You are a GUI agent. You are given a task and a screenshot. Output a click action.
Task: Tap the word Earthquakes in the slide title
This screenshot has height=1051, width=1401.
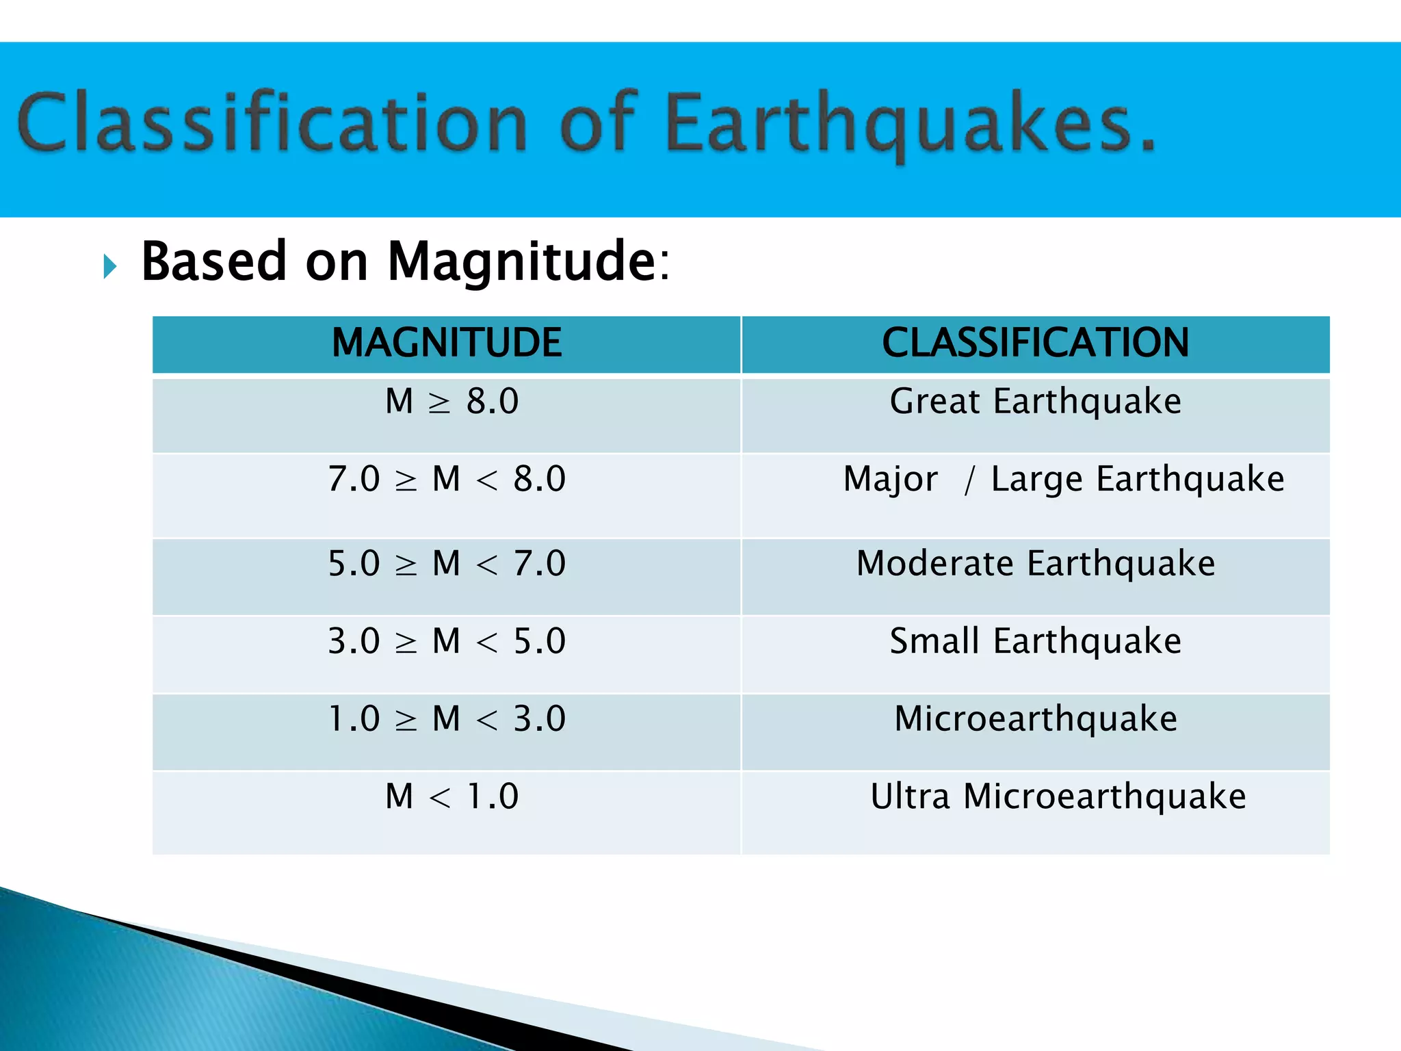(910, 123)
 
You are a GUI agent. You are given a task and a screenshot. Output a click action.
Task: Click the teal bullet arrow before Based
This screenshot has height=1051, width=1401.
(110, 265)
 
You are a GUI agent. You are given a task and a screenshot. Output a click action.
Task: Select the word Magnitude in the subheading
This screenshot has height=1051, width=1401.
(522, 263)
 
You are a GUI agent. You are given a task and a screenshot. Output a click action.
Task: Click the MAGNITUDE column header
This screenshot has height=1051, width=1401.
(447, 343)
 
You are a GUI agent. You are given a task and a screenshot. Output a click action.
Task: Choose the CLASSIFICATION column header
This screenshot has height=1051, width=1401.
(1035, 343)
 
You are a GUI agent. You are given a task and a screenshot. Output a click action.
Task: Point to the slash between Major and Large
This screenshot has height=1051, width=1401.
(969, 480)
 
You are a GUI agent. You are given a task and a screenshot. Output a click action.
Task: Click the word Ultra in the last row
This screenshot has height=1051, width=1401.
(910, 796)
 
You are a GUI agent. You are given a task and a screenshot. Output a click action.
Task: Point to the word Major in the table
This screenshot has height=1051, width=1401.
(890, 479)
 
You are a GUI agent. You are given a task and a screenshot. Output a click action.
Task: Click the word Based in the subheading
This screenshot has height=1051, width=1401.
(213, 263)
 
